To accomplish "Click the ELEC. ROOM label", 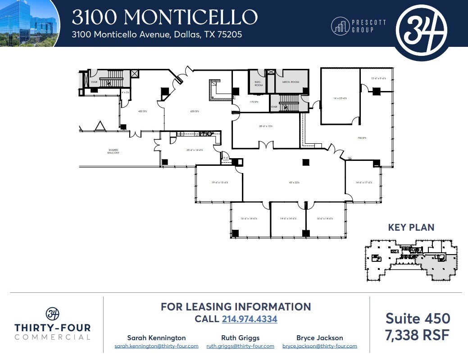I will coord(259,83).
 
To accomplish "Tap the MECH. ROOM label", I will coord(291,82).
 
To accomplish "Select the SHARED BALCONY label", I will coord(113,151).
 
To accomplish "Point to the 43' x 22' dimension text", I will coord(294,182).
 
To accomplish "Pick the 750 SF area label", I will coord(361,138).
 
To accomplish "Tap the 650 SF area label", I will coord(195,111).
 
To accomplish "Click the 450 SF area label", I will coord(142,111).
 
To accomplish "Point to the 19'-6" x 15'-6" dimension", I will coord(220,182).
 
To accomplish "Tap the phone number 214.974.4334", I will coord(250,319).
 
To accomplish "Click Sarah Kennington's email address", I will coord(156,346).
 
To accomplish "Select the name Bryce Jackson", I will coord(319,337).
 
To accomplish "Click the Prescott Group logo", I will coord(359,26).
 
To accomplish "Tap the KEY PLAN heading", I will coord(411,228).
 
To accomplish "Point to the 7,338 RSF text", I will coord(418,335).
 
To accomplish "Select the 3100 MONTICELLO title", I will coord(164,17).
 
